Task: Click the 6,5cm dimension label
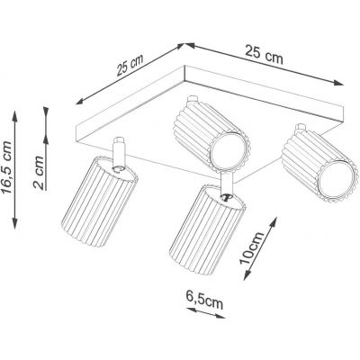[x=205, y=302]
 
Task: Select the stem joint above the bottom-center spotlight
[x=226, y=189]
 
